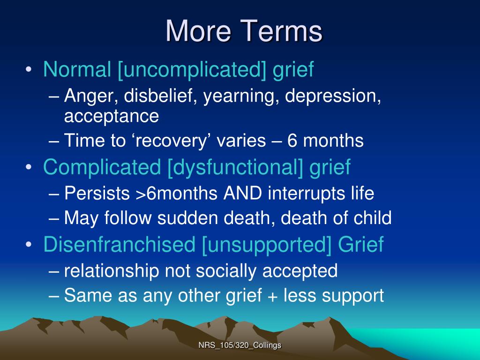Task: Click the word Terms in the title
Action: click(x=282, y=31)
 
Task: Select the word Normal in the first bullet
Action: click(x=77, y=70)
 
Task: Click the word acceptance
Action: click(x=112, y=116)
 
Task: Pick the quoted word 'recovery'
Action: click(x=160, y=141)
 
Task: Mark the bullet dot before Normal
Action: click(x=29, y=71)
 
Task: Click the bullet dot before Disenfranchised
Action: click(x=29, y=245)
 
